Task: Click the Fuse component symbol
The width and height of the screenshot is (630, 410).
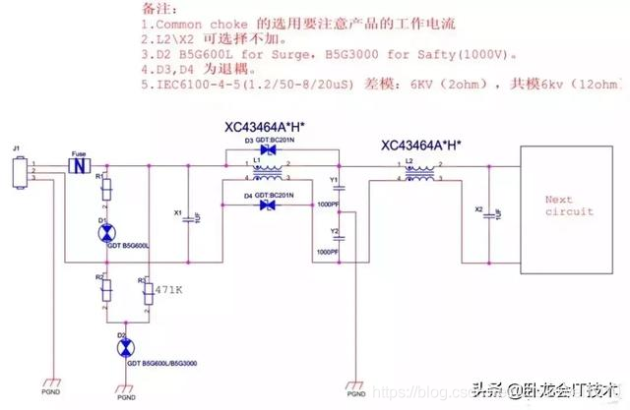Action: (x=75, y=164)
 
